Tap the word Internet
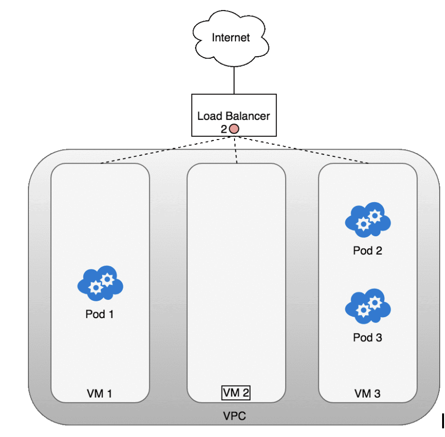231,38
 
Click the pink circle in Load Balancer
234,129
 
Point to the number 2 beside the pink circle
224,129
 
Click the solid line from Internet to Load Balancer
234,80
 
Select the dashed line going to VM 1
169,150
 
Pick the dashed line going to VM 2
236,150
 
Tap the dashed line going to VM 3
303,150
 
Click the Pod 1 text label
100,315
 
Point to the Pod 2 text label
367,251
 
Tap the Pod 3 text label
367,338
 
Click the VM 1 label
100,394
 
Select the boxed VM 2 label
236,393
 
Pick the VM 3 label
367,394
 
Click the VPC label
235,416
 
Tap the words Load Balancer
234,116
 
